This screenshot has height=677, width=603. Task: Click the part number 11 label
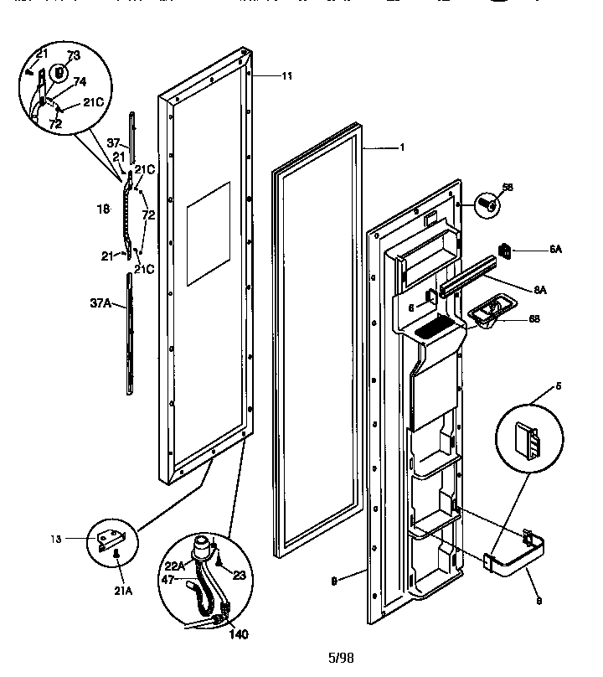coord(286,76)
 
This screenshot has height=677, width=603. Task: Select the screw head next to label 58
coord(487,203)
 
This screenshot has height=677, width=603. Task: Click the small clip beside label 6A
coord(505,250)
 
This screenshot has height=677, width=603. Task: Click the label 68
coord(533,318)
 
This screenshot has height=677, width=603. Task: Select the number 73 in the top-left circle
coord(73,55)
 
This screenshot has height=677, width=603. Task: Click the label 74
coord(80,82)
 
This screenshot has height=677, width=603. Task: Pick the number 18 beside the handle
coord(103,209)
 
